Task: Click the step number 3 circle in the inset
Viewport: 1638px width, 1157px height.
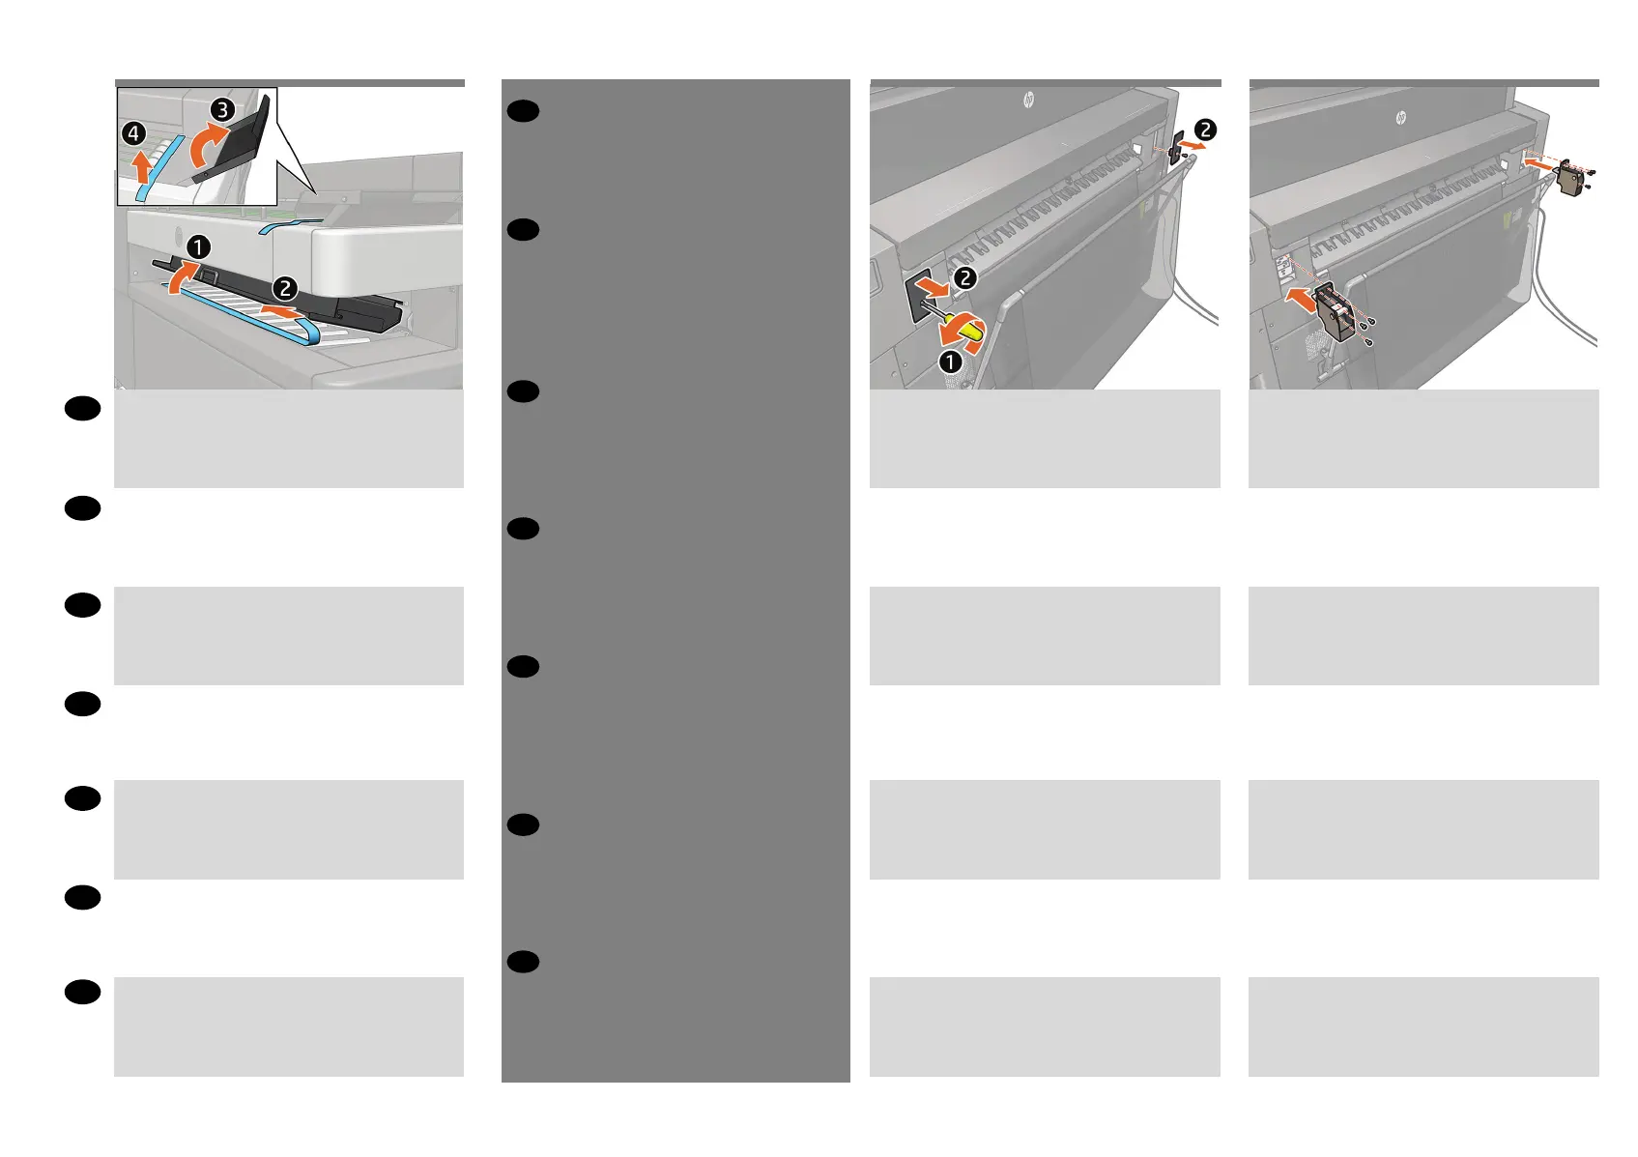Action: tap(223, 110)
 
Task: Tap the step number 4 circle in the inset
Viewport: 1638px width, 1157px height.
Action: tap(134, 133)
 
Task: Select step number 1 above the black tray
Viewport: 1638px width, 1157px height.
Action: tap(198, 247)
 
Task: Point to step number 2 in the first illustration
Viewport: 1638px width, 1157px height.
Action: tap(285, 288)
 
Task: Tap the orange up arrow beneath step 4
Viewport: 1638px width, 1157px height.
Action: tap(142, 166)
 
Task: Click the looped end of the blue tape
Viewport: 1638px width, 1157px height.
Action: tap(309, 332)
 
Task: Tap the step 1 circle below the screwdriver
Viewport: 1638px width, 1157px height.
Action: tap(951, 362)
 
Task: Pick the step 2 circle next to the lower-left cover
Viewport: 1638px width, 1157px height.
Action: tap(965, 278)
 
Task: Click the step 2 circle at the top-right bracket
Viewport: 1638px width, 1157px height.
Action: tap(1205, 130)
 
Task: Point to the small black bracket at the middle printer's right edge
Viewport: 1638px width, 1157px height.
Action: tap(1176, 146)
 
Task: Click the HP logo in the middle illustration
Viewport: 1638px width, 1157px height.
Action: tap(1028, 100)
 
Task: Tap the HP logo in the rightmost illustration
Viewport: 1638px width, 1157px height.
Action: tap(1400, 118)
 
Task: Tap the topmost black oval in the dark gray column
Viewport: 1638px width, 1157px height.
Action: tap(523, 111)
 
